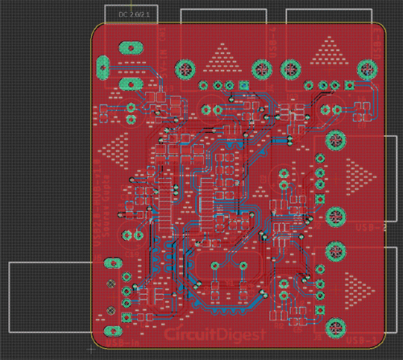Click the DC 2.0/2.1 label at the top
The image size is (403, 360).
point(134,14)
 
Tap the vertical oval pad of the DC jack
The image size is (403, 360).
point(103,66)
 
